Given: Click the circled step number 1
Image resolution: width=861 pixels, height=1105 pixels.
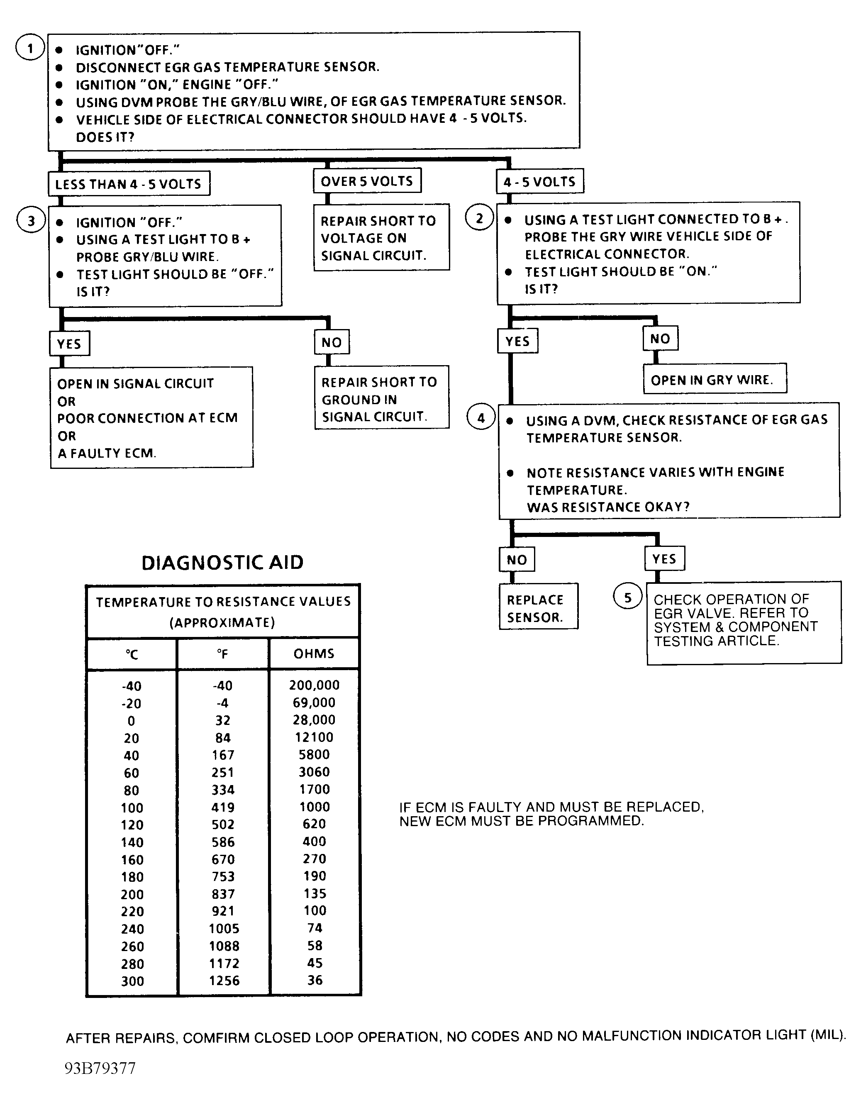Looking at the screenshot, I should click(30, 48).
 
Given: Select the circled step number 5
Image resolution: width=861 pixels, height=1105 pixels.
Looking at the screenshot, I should click(627, 598).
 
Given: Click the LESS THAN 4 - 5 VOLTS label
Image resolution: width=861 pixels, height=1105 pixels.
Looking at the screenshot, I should click(129, 184).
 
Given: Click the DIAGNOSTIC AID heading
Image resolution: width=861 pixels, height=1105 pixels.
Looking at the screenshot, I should click(222, 563).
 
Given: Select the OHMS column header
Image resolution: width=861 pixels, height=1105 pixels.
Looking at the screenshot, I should click(314, 654).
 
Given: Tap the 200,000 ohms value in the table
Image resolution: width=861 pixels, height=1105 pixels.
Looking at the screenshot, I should click(314, 685).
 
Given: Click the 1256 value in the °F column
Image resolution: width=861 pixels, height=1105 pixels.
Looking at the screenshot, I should click(224, 981).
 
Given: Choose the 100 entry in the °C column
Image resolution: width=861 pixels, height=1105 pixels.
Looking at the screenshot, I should click(132, 807).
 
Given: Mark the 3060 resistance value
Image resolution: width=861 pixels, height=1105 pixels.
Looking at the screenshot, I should click(314, 772).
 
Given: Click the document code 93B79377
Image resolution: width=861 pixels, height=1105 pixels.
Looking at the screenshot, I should click(100, 1068).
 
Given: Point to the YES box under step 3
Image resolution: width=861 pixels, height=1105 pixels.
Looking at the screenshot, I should click(69, 344).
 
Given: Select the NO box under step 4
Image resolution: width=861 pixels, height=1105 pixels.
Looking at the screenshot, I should click(517, 560).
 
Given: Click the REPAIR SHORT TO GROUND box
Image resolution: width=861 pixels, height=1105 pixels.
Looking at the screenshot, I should click(381, 399).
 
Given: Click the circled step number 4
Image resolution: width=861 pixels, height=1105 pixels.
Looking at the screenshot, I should click(480, 418).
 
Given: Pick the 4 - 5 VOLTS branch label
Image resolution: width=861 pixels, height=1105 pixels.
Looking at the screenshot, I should click(539, 182).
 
